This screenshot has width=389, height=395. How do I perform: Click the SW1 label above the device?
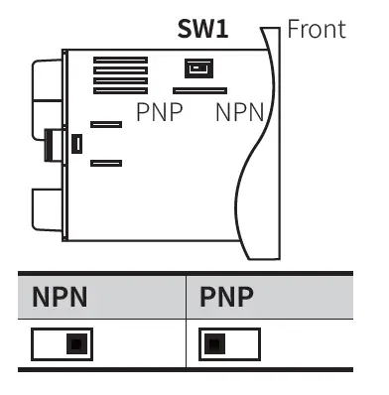click(x=203, y=29)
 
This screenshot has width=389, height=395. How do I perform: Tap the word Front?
click(x=317, y=28)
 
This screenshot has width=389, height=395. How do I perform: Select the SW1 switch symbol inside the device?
click(x=199, y=68)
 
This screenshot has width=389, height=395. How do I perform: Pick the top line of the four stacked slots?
click(x=120, y=61)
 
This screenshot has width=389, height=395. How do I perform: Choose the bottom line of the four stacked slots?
click(x=120, y=90)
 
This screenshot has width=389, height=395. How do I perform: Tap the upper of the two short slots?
click(x=105, y=125)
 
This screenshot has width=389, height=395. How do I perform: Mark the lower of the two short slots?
click(x=105, y=163)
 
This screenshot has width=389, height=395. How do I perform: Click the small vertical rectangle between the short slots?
click(x=77, y=145)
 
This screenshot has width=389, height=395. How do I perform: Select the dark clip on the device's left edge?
click(x=49, y=145)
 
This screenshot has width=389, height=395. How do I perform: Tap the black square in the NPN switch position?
click(x=75, y=345)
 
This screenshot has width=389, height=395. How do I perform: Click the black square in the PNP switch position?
click(x=212, y=345)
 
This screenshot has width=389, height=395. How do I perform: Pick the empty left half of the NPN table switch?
click(x=49, y=345)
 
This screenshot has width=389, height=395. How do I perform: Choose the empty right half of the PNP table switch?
click(x=242, y=345)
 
